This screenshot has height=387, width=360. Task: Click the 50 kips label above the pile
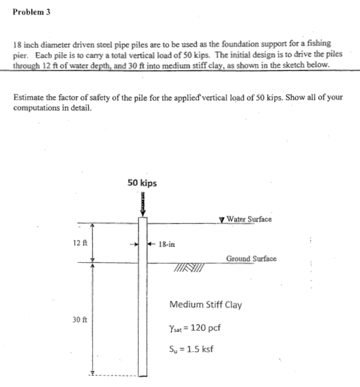[143, 182]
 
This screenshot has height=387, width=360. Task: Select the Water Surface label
[249, 219]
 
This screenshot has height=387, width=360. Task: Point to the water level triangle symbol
[221, 220]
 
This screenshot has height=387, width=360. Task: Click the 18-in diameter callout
[166, 244]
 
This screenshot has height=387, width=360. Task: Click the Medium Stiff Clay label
[206, 305]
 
